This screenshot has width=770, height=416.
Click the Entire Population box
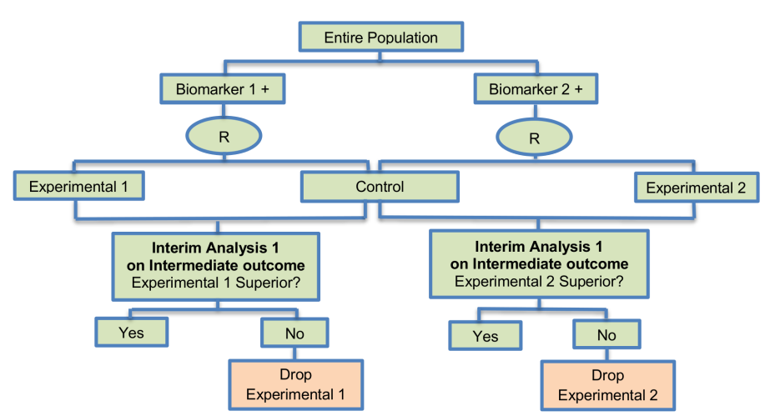click(x=380, y=38)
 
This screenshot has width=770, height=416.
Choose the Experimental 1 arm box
click(x=79, y=187)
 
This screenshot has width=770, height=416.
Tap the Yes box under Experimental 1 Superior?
click(x=131, y=333)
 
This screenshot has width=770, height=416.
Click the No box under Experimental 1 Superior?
click(x=294, y=333)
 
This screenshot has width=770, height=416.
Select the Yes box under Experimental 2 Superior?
click(x=486, y=336)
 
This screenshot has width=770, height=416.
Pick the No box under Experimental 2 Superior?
click(x=606, y=335)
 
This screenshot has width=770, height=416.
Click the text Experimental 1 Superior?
click(x=217, y=283)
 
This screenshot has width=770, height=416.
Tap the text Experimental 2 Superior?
click(x=538, y=281)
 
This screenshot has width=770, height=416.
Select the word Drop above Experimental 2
click(x=606, y=375)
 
